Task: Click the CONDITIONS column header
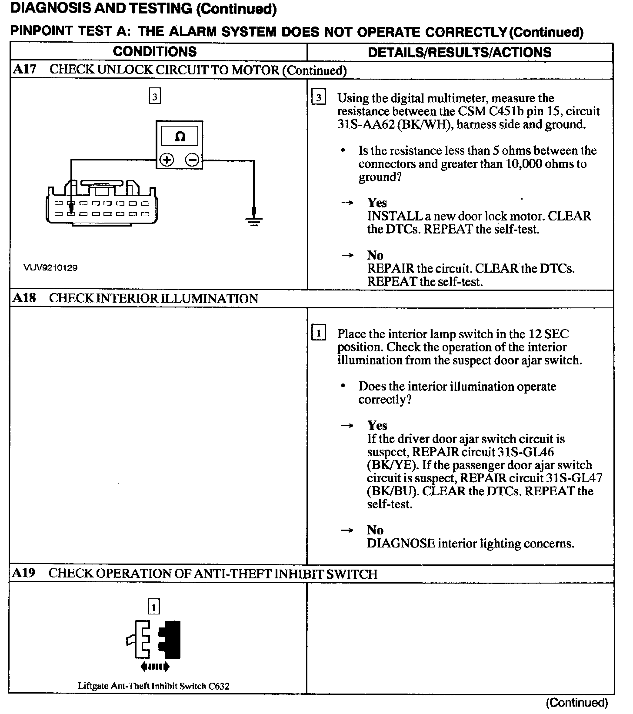pos(155,52)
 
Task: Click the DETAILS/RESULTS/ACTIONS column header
pos(460,53)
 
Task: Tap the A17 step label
pos(24,70)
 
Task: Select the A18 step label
pos(24,298)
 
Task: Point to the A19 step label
pos(24,573)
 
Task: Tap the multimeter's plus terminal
pos(167,160)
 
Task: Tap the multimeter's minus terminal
pos(193,160)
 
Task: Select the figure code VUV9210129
pos(51,268)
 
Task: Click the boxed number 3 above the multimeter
pos(155,97)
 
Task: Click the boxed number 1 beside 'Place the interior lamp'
pos(319,334)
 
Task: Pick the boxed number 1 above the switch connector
pos(154,606)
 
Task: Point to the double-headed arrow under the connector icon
pos(155,667)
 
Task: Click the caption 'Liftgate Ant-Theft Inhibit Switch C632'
pos(153,686)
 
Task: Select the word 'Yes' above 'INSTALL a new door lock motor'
pos(377,203)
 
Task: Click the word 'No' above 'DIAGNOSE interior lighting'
pos(375,530)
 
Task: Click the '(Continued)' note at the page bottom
pos(577,703)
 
